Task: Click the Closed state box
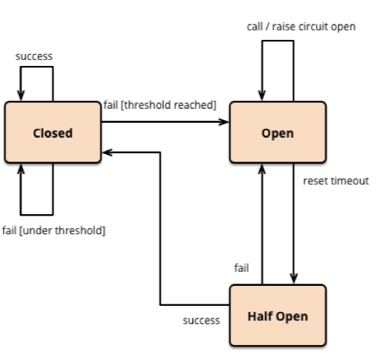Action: coord(53,132)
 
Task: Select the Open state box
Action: coord(278,132)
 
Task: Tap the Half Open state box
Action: coord(278,316)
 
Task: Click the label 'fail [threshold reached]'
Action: coord(160,105)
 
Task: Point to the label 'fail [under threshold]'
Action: coord(54,230)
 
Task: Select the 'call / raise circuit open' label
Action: coord(301,27)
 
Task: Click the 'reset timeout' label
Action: coord(336,181)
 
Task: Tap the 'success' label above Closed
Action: coord(34,56)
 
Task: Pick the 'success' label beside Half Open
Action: coord(201,321)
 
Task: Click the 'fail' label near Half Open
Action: coord(241,268)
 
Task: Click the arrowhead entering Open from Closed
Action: coord(224,121)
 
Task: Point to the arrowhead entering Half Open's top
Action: coord(294,279)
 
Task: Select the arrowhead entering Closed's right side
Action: coord(107,153)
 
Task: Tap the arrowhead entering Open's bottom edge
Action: coord(262,169)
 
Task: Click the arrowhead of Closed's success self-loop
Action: coord(21,96)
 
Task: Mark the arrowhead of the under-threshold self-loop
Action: coord(21,169)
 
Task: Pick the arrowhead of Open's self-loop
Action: coord(262,96)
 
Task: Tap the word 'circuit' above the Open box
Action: coord(313,27)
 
